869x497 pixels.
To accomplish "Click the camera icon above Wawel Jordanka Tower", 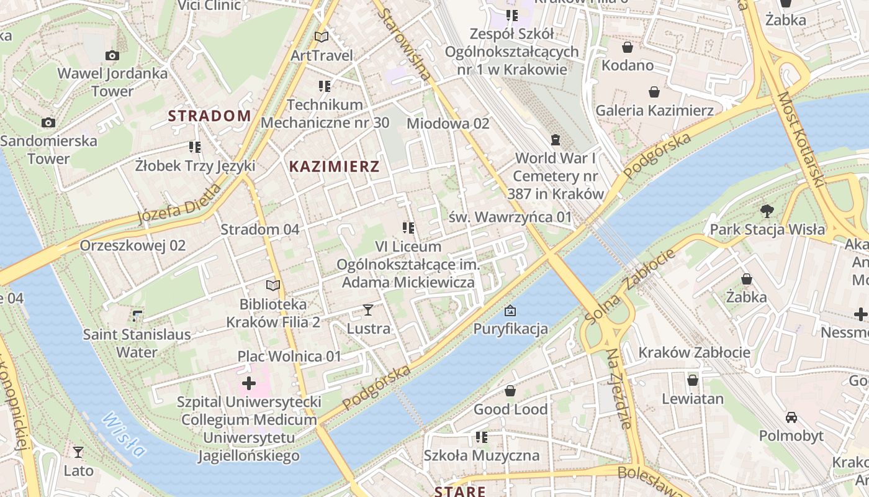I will (x=112, y=55).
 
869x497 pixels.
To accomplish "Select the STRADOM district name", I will (x=210, y=116).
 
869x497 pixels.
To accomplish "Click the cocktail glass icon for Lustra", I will (x=369, y=310).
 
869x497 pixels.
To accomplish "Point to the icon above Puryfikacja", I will (x=510, y=310).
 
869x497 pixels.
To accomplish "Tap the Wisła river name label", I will (x=124, y=434).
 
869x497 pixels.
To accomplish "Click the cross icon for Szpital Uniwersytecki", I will (x=249, y=383).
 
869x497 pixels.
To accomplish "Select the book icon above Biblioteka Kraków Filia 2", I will (x=273, y=286).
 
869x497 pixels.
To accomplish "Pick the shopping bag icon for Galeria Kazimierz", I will (x=654, y=93).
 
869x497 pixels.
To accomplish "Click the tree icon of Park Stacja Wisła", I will (x=767, y=211).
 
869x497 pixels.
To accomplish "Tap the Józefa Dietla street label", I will (x=179, y=205).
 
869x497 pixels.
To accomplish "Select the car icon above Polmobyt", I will (x=791, y=417).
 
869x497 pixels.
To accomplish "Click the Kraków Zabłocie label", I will (x=695, y=353).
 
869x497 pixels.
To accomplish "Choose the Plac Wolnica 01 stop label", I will (x=289, y=357).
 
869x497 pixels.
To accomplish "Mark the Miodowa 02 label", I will (x=448, y=124).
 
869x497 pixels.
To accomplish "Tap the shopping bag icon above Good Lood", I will (x=510, y=391).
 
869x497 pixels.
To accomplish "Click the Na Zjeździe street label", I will (x=619, y=388).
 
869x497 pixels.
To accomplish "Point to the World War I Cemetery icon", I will (x=555, y=140).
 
